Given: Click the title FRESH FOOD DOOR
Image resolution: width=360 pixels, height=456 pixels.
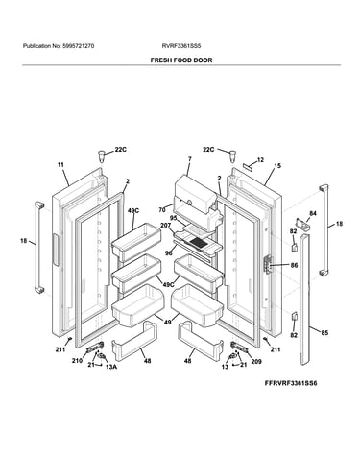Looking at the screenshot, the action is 181,60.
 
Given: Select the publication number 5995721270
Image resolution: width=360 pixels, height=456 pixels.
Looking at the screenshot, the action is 78,46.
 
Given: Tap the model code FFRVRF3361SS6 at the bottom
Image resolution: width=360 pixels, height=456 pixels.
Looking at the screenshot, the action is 291,383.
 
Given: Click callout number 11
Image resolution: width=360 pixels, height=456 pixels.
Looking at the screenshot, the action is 60,165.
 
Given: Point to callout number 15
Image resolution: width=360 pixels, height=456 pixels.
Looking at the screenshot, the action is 277,166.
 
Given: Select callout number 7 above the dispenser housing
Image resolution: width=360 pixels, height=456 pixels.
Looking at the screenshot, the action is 190,158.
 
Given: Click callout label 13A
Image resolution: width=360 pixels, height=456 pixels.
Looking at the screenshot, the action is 111,367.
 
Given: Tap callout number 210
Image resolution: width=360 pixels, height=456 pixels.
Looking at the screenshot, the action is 77,361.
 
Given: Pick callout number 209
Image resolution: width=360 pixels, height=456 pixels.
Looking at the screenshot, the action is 256,362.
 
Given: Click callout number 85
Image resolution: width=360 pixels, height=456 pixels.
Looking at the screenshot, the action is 324,333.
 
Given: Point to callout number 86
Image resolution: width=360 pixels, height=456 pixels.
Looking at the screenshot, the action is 294,265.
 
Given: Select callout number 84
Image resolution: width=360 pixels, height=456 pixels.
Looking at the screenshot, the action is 313,213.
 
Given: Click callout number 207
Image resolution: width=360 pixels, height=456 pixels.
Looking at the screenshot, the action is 166,226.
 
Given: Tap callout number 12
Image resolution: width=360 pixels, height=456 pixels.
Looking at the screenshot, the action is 260,159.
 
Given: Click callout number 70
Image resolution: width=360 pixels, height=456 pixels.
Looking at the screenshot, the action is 162,210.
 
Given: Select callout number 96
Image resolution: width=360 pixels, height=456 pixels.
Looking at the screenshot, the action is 169,253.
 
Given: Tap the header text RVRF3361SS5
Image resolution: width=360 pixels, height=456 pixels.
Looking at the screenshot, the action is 181,46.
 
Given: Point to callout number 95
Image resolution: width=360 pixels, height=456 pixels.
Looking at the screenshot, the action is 174,218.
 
